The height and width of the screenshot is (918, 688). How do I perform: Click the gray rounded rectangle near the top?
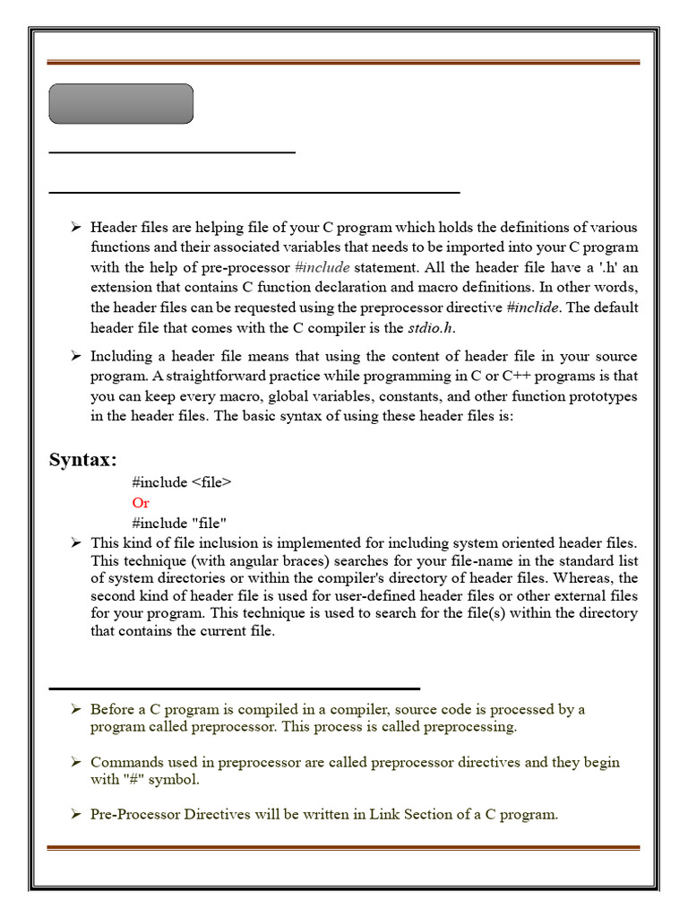(121, 104)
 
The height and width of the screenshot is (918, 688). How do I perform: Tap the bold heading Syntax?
(82, 460)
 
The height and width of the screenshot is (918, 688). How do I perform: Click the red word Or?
(141, 503)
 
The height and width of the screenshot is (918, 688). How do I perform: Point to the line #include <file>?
(182, 482)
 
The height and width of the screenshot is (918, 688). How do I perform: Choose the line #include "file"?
(179, 523)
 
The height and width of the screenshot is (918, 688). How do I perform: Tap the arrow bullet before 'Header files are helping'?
(76, 228)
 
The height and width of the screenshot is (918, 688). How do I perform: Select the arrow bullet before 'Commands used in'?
(76, 762)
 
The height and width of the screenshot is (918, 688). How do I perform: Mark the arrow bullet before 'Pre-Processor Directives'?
(76, 815)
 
